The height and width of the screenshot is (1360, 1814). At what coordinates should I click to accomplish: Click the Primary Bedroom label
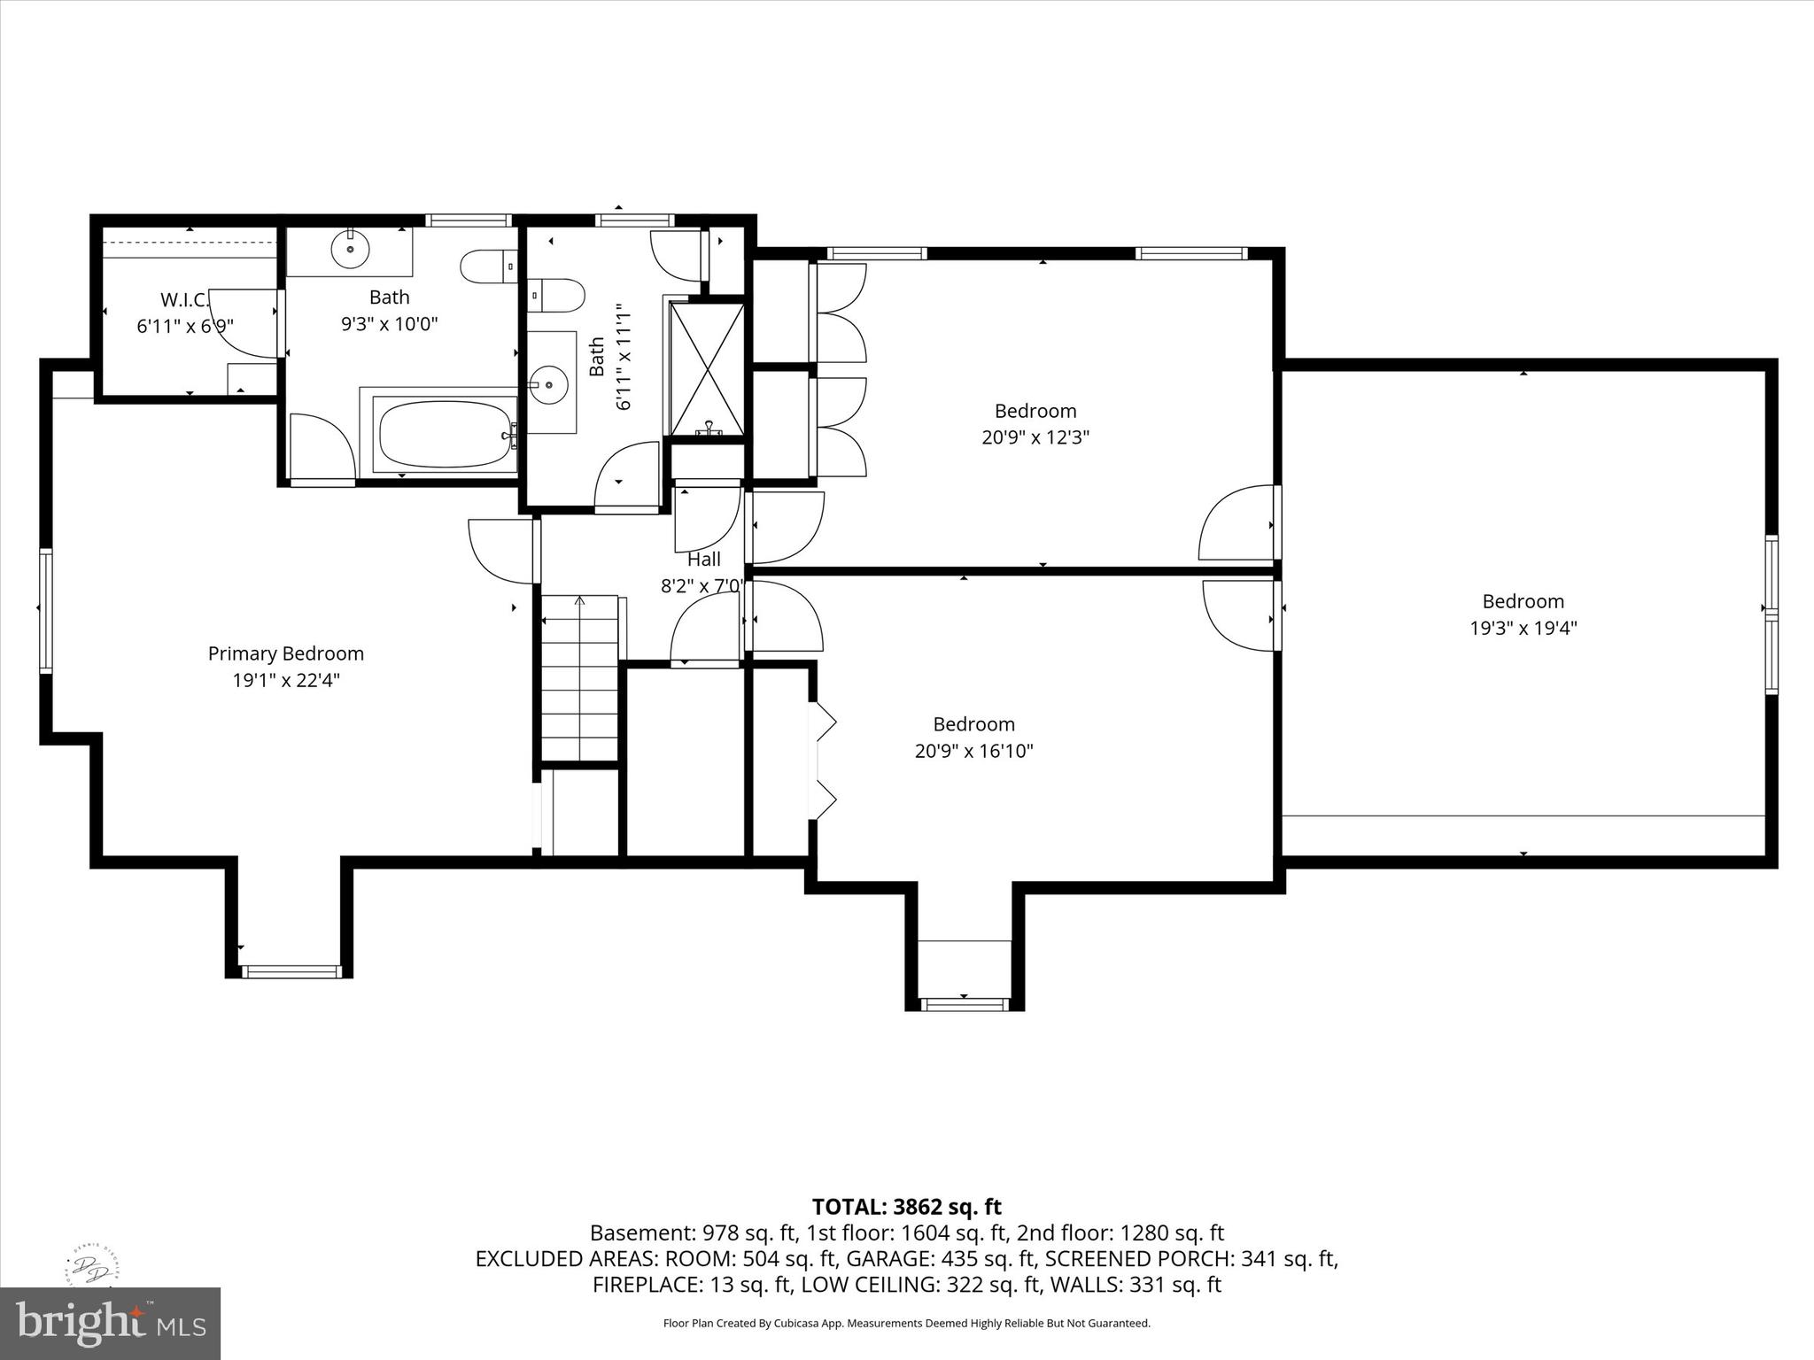(285, 653)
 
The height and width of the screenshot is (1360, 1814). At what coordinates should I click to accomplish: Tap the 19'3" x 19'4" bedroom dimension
(1523, 629)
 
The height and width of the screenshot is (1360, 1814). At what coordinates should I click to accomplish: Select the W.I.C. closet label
(184, 299)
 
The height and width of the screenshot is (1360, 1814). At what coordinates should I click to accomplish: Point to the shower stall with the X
(707, 369)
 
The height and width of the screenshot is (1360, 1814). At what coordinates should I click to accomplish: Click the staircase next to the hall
(580, 677)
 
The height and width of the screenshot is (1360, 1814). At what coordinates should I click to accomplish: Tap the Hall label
(704, 559)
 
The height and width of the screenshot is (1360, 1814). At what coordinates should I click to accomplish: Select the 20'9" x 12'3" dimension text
(1035, 437)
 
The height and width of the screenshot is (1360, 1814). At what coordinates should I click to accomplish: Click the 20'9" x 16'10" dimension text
(973, 752)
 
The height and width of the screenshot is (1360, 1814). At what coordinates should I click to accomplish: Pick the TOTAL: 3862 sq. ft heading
(906, 1207)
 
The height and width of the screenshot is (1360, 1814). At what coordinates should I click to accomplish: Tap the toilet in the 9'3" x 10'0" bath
(488, 265)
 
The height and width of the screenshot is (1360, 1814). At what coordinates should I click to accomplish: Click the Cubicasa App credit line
(906, 1324)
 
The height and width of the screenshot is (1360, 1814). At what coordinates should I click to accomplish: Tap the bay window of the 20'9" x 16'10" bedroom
(965, 1003)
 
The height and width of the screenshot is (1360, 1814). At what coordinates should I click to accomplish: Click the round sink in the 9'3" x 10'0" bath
(350, 249)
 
